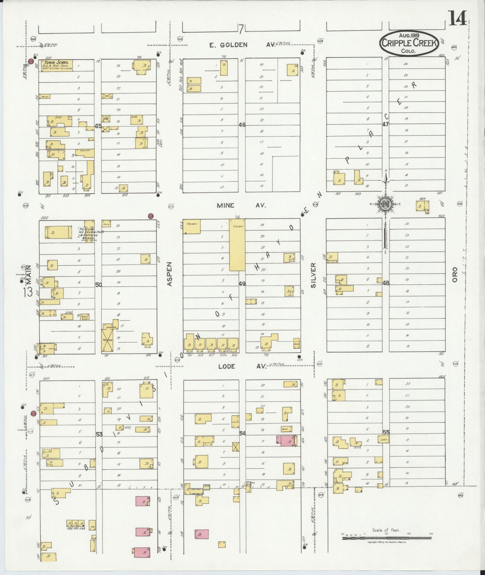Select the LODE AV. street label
(x=242, y=366)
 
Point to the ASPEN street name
(x=169, y=274)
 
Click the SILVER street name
(x=314, y=275)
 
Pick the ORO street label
(x=454, y=274)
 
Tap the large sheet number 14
(x=458, y=19)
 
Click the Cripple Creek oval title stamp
(x=409, y=43)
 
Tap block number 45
(x=98, y=126)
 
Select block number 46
(x=242, y=124)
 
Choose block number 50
(x=98, y=285)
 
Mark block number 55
(x=386, y=432)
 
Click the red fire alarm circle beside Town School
(x=31, y=61)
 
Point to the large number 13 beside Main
(x=29, y=292)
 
